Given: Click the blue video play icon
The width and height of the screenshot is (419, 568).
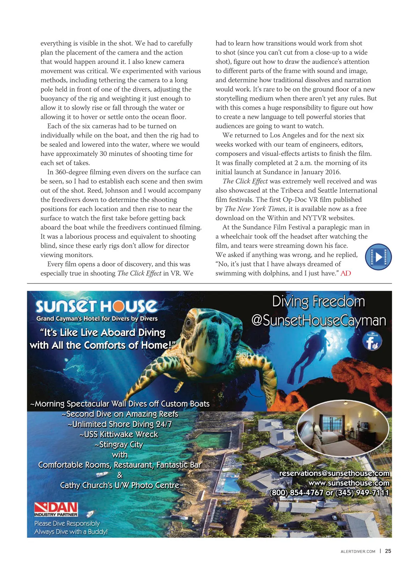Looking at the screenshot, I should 378,257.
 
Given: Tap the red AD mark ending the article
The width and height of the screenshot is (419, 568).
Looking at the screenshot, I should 346,273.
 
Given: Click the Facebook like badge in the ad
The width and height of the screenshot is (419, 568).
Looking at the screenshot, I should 373,341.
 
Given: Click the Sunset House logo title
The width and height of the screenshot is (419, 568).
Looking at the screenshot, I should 96,306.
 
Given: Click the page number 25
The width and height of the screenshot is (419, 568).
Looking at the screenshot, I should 388,551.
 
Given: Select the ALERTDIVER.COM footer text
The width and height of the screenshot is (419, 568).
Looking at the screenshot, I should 358,552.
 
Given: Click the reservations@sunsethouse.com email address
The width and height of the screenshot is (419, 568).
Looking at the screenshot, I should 334,473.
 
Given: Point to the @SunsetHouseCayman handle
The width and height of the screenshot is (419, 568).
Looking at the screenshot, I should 318,321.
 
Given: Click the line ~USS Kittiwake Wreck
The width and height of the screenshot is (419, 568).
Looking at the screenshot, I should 119,434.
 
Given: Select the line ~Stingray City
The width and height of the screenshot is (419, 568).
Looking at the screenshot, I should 119,445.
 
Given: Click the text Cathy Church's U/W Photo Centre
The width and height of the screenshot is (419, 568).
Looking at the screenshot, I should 119,486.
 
